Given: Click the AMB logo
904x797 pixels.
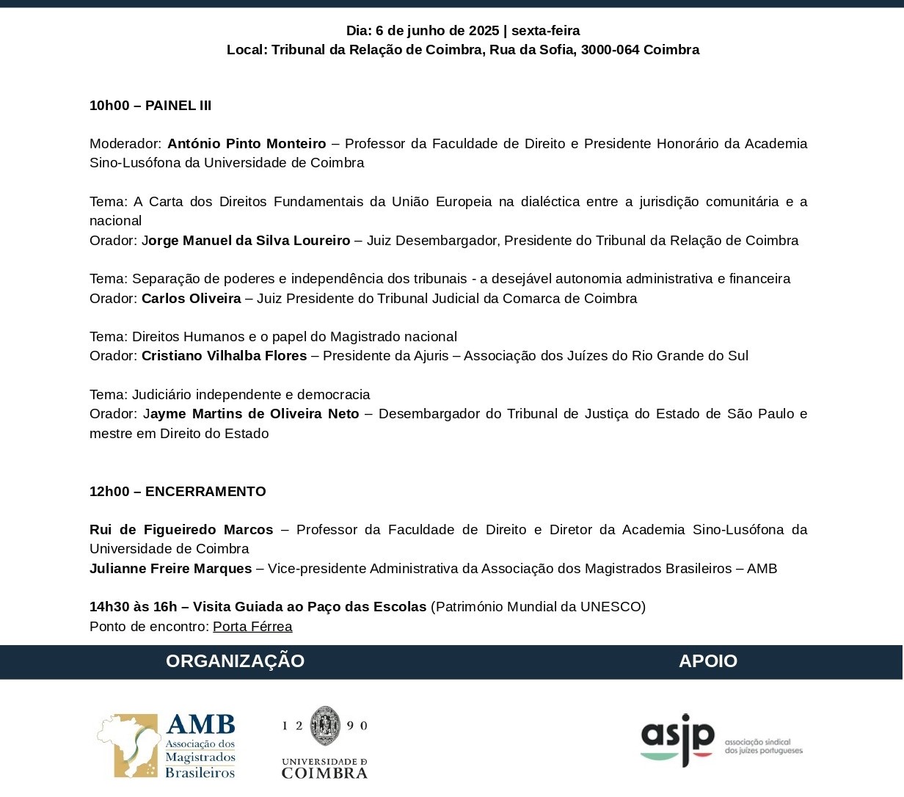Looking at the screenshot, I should (167, 745).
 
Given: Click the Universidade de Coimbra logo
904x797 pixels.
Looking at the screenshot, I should (324, 742).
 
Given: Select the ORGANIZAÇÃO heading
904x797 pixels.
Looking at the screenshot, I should (235, 661).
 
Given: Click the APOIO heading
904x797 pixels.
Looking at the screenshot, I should (707, 661).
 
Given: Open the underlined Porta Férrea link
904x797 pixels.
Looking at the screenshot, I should (252, 627).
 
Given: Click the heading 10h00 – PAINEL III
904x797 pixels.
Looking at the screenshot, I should (150, 106).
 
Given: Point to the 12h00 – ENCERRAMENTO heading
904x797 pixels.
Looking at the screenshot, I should (178, 492).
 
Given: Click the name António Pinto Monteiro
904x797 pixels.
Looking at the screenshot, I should (247, 144).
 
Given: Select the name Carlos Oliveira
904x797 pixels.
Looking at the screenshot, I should (191, 299).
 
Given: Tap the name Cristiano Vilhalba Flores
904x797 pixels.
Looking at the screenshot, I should (224, 356).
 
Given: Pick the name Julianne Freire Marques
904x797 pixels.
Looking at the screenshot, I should (170, 569).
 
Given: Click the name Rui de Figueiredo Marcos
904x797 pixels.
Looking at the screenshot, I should (181, 530).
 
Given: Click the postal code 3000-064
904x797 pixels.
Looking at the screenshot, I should (610, 50).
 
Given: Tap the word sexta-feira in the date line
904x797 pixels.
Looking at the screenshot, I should (545, 31).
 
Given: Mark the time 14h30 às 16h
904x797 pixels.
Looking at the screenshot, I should (134, 607).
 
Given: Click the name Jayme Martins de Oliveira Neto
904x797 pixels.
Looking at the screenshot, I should (251, 414).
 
